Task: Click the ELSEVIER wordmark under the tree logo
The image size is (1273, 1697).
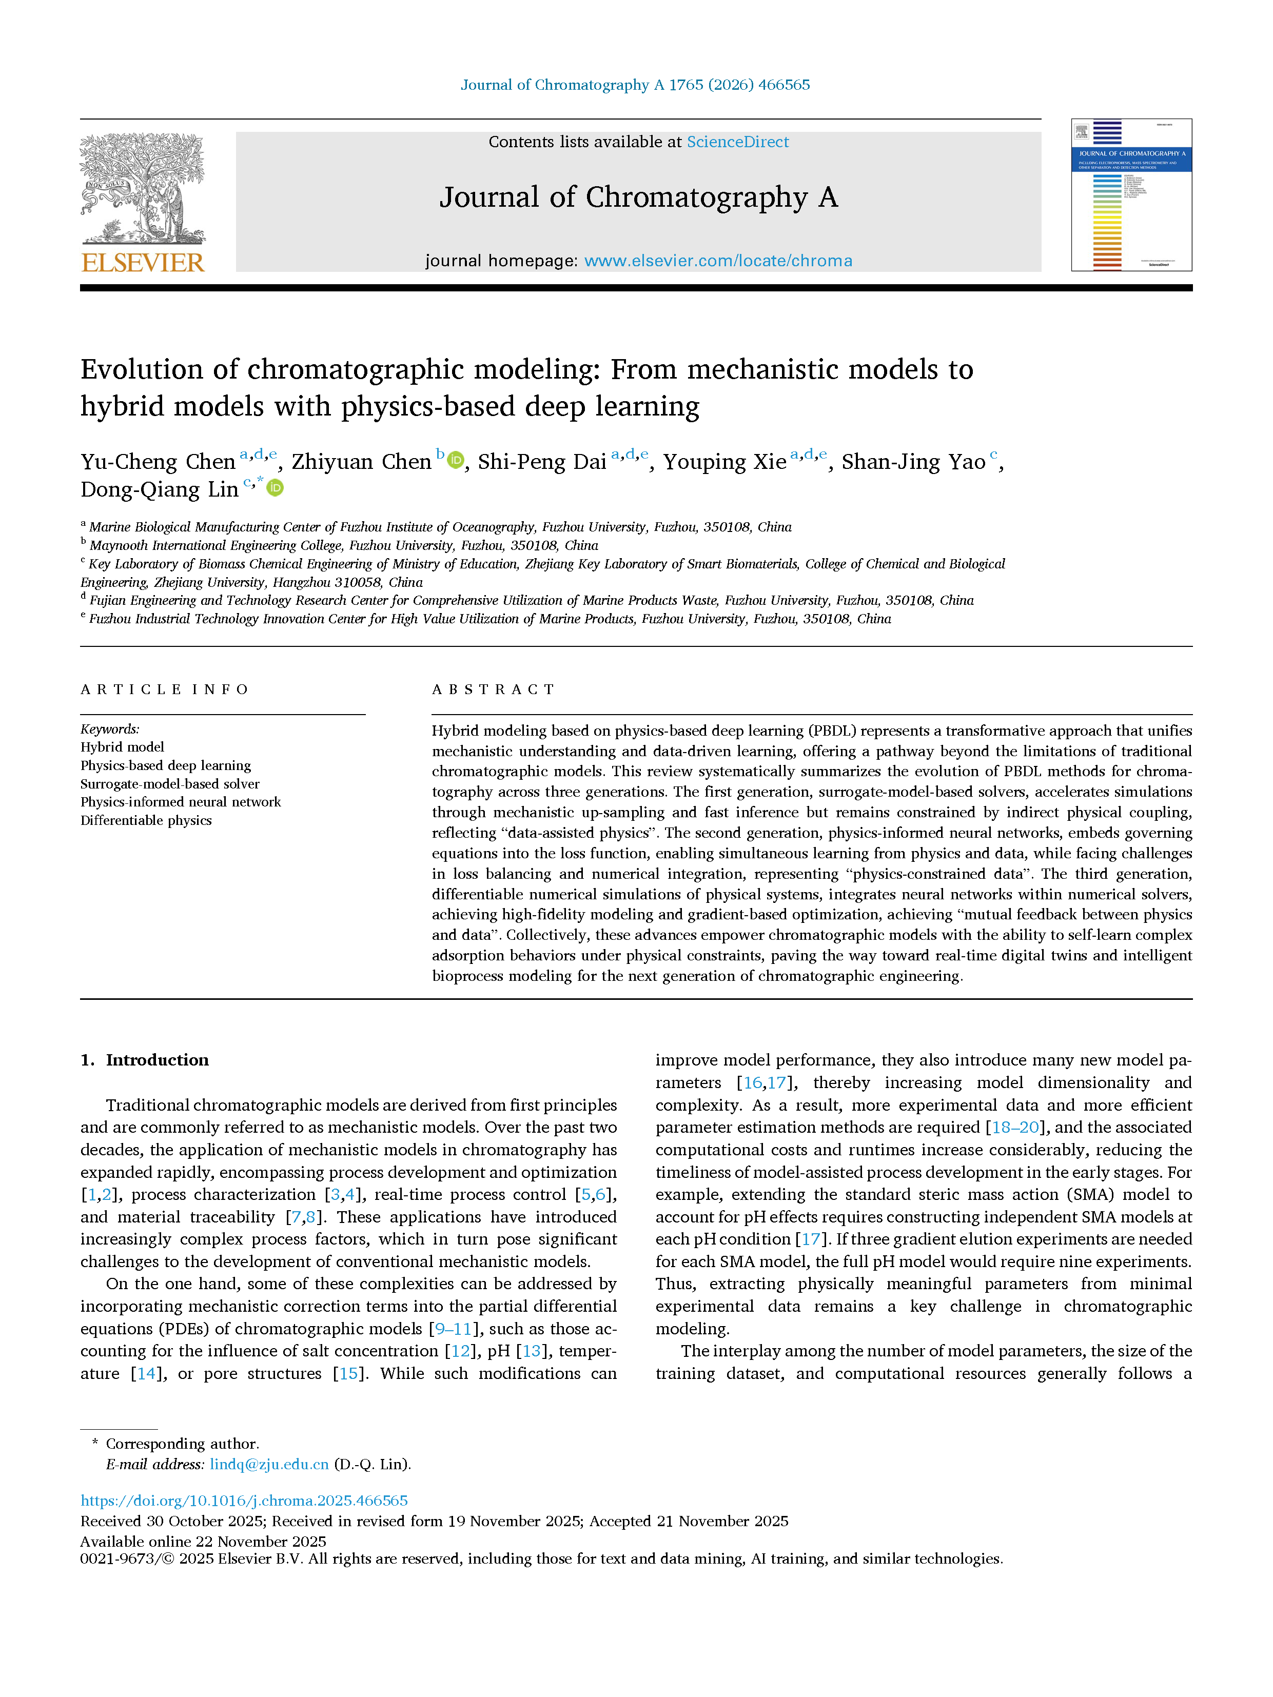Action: pyautogui.click(x=143, y=263)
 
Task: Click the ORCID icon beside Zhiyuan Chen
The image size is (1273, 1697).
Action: pyautogui.click(x=456, y=460)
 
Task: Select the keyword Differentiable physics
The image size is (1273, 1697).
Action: pyautogui.click(x=146, y=820)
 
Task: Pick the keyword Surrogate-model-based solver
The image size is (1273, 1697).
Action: pyautogui.click(x=170, y=783)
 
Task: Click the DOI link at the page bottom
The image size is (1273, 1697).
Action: pyautogui.click(x=244, y=1500)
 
